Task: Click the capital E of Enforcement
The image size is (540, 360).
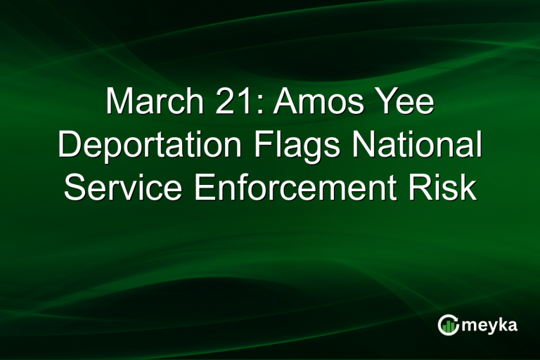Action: [205, 188]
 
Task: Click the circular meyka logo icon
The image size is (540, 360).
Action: [448, 325]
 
